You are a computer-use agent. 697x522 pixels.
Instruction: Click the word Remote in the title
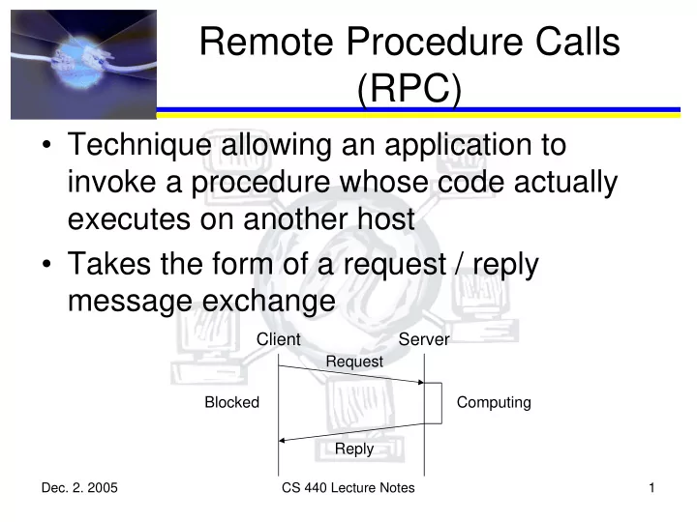coord(267,42)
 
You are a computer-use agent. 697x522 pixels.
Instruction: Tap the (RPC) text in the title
coord(409,88)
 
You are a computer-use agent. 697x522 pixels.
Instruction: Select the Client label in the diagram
coord(278,339)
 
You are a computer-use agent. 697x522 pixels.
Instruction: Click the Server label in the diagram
coord(424,339)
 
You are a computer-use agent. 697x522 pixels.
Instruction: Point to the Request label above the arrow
coord(354,362)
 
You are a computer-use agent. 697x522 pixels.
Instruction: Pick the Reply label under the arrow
coord(354,449)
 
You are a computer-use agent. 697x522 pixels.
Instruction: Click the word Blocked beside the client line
coord(231,402)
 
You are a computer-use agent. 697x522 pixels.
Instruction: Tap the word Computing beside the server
coord(494,402)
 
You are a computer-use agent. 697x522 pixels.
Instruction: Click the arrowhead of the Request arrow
coord(421,382)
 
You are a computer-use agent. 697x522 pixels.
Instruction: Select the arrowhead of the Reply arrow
coord(282,441)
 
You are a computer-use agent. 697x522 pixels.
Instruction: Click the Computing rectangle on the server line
coord(441,403)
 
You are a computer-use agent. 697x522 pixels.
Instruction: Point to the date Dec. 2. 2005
coord(79,488)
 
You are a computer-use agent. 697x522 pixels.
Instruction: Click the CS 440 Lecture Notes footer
coord(348,488)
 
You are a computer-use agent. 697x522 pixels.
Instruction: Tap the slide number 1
coord(652,488)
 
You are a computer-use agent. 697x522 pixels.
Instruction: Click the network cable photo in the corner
coord(83,65)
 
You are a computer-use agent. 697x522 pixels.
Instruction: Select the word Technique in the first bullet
coord(139,145)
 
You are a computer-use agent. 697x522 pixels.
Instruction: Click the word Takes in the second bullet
coord(108,264)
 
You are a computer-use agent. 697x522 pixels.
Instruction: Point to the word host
coord(386,218)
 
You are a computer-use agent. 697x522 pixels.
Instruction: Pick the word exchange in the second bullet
coord(268,302)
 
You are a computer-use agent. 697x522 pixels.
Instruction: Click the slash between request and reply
coord(459,265)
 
